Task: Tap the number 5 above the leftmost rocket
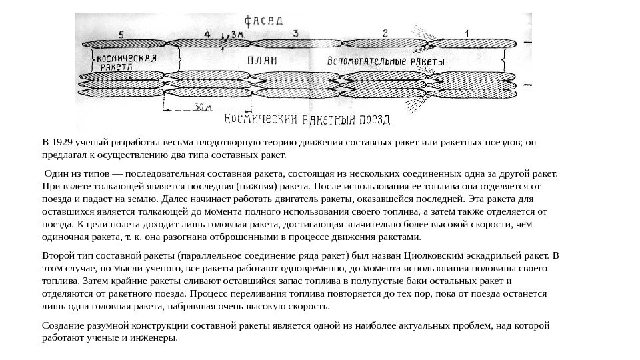120,34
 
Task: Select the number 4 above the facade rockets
207,33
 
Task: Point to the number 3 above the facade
294,33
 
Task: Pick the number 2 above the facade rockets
385,32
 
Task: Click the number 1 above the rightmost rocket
466,32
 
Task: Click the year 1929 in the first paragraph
63,142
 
